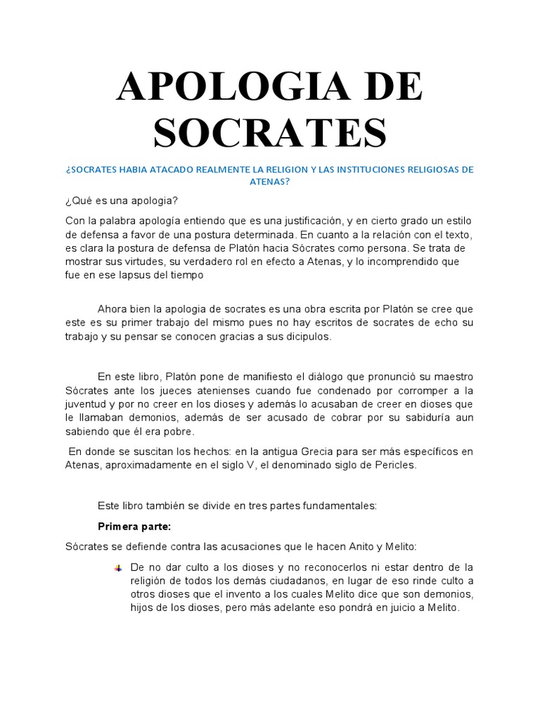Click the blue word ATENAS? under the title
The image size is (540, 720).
click(270, 181)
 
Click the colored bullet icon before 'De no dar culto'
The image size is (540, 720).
click(117, 568)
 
